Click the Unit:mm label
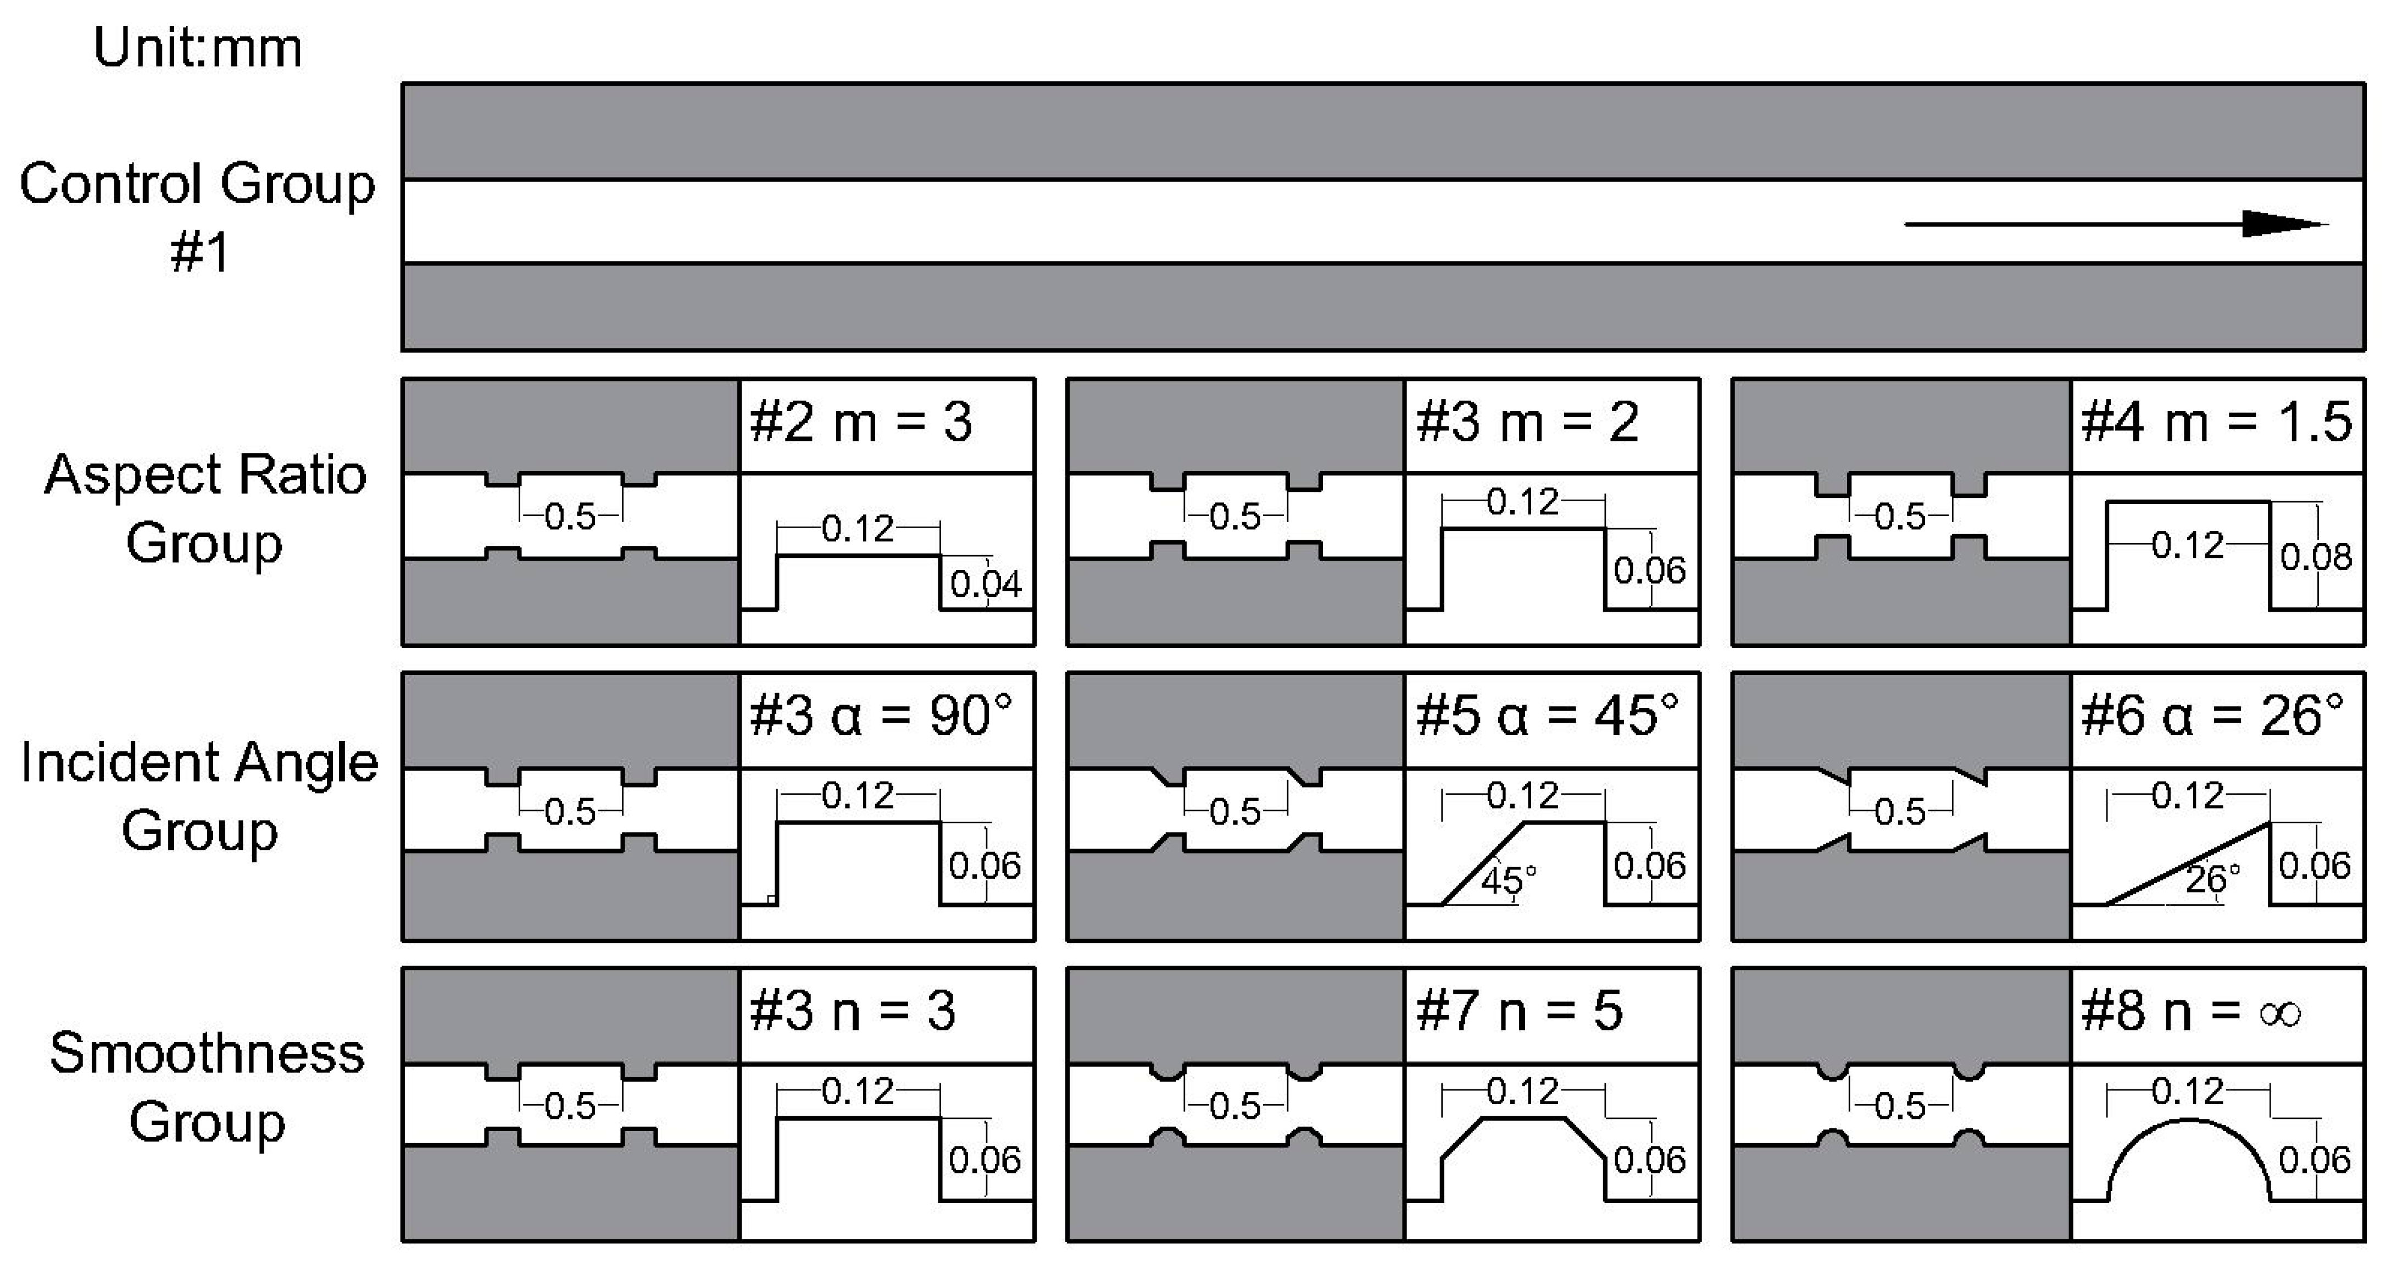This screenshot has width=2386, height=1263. click(x=197, y=48)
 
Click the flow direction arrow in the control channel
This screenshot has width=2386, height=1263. click(x=2116, y=223)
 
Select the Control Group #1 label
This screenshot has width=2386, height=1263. click(x=197, y=217)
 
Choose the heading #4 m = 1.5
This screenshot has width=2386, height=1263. click(x=2216, y=423)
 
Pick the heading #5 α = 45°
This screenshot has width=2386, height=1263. click(x=1547, y=716)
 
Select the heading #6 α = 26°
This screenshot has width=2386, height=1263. click(x=2212, y=716)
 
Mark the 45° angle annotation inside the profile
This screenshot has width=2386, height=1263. click(x=1508, y=878)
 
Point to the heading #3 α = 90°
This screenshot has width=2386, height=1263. click(x=881, y=716)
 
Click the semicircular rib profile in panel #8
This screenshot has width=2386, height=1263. click(x=2189, y=1149)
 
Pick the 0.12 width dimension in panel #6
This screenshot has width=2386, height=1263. click(x=2187, y=796)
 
